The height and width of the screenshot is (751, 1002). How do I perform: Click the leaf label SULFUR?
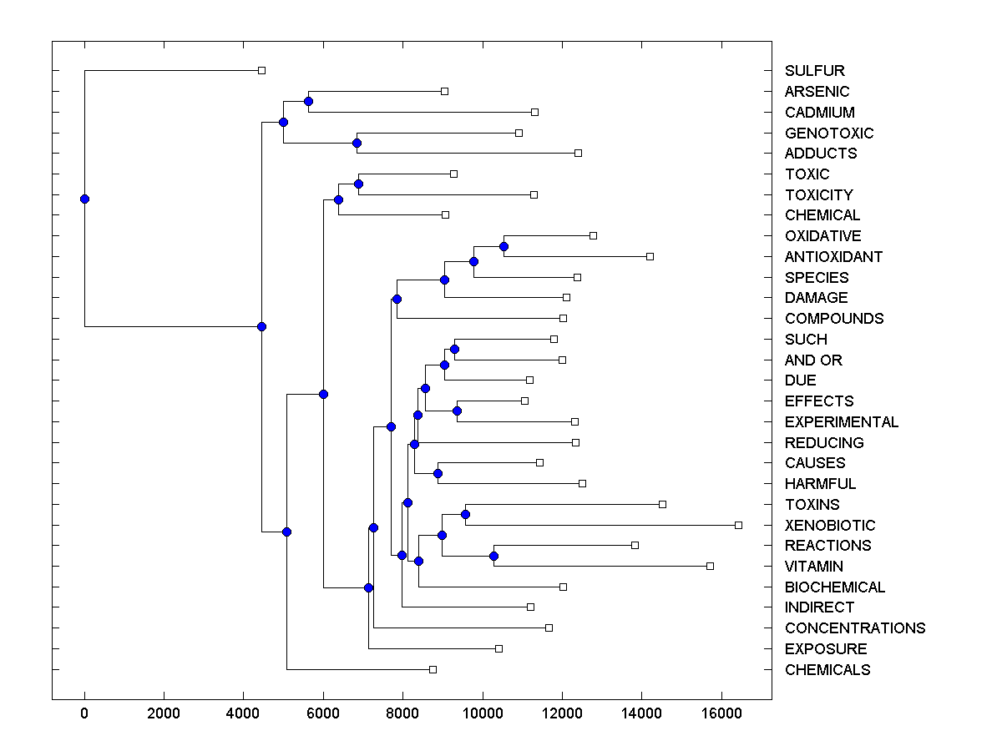(814, 71)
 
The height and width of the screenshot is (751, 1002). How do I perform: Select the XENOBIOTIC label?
(830, 526)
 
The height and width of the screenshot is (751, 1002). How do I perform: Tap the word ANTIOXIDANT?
(833, 257)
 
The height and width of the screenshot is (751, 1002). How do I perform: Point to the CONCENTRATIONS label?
(855, 628)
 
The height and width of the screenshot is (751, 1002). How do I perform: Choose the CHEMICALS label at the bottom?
(827, 670)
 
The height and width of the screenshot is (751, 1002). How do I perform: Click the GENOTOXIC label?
(829, 134)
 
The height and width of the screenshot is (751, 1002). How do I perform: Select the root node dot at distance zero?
(84, 199)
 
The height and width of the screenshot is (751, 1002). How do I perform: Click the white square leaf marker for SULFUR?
(261, 70)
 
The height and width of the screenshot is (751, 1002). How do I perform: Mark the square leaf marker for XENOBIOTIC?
(738, 525)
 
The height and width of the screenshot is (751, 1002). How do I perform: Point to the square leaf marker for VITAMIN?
(710, 566)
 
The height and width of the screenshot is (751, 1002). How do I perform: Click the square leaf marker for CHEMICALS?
(433, 669)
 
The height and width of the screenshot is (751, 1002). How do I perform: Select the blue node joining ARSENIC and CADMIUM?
(308, 101)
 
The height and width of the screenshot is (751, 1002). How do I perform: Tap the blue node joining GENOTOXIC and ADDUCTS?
(357, 143)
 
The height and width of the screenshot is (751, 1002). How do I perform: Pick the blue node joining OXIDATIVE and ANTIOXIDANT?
(504, 246)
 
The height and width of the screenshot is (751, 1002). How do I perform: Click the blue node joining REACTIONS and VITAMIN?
(493, 556)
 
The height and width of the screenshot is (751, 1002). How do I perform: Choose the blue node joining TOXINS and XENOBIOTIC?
(465, 514)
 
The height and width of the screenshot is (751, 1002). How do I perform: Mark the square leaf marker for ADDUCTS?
(578, 153)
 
